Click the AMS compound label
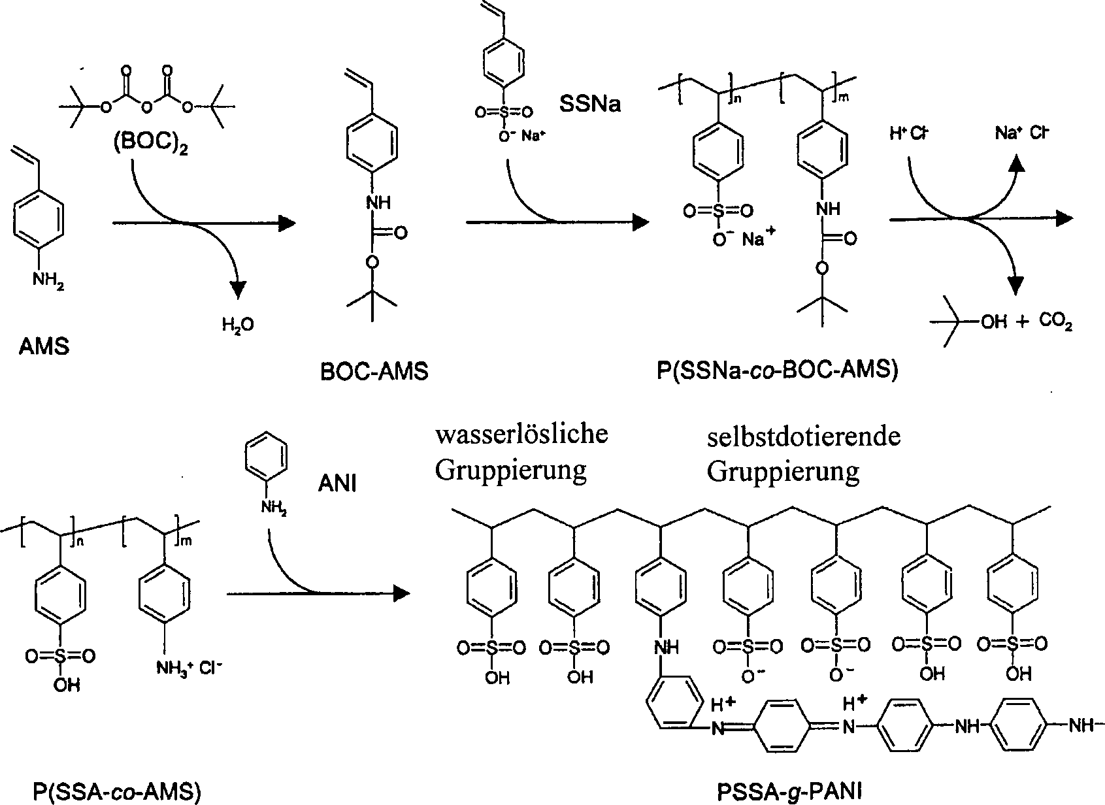[44, 346]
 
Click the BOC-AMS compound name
[374, 371]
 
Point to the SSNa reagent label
[589, 103]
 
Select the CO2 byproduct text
[1055, 323]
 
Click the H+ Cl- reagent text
[909, 133]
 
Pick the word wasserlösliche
[521, 433]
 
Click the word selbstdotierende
[803, 436]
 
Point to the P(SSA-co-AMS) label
[116, 792]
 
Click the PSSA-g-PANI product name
[789, 792]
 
